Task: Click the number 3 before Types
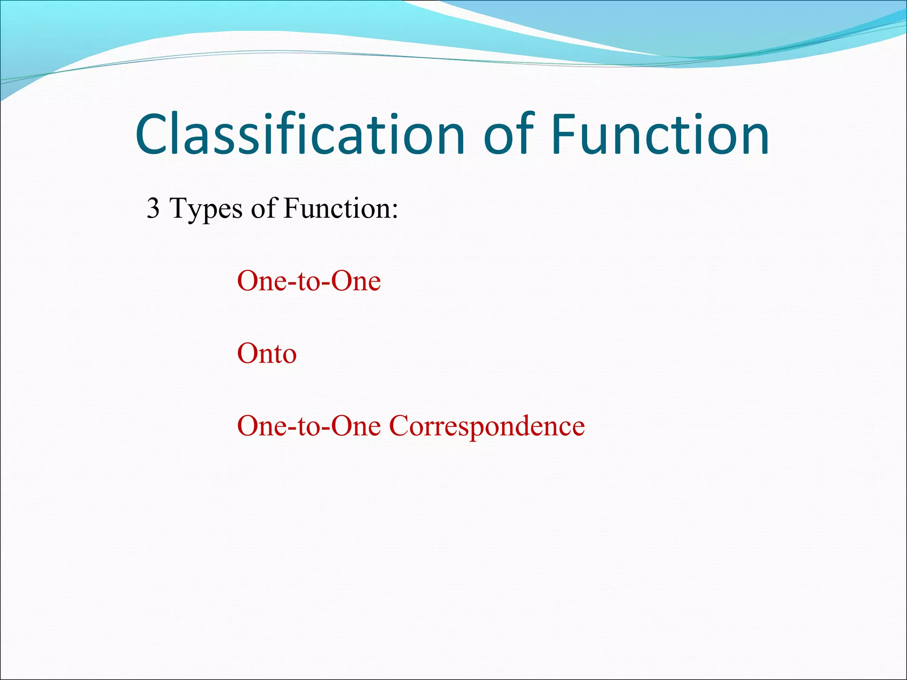153,208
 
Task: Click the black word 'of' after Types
264,208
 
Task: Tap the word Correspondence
487,427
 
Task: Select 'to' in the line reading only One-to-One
309,282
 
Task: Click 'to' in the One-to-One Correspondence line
309,427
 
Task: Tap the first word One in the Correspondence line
262,427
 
